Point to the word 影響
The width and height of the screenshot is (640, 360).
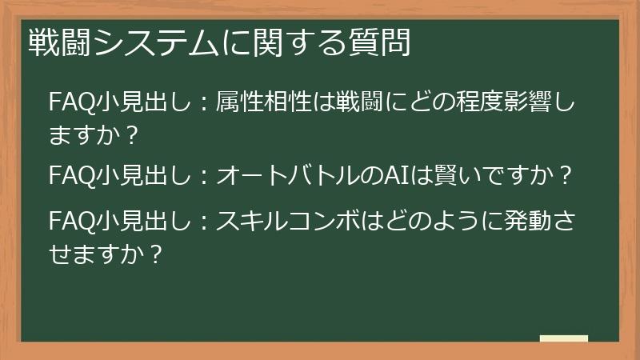click(530, 103)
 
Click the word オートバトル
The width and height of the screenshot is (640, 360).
click(289, 174)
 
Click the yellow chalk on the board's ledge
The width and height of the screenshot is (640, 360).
click(564, 339)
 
